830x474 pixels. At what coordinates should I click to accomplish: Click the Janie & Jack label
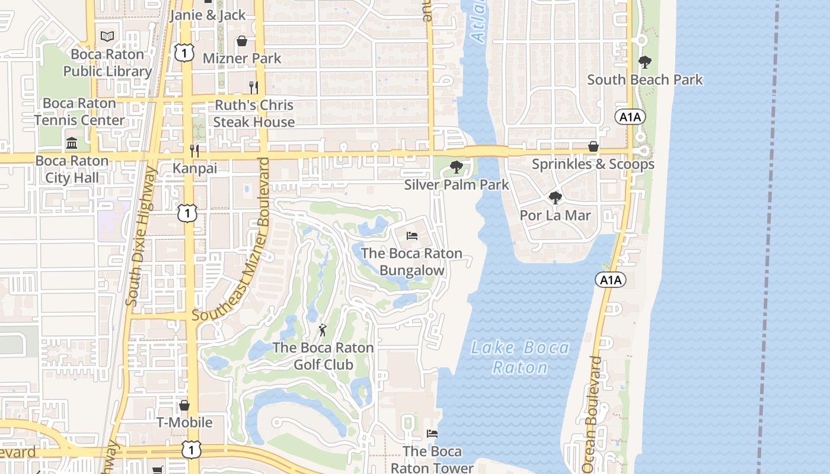click(207, 15)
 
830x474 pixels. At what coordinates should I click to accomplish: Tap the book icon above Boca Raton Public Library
click(107, 37)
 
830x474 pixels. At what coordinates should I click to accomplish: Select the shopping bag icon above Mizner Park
click(242, 41)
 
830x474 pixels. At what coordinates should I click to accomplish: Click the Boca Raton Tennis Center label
click(79, 111)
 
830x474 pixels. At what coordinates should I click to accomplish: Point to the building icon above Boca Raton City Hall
click(72, 143)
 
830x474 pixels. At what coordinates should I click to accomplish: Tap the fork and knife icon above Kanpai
click(194, 151)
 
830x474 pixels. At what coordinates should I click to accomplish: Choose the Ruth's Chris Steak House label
click(254, 113)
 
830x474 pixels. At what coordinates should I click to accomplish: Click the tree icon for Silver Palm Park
click(456, 167)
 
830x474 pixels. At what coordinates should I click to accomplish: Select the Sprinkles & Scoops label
click(593, 164)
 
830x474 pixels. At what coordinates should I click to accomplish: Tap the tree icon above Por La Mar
click(555, 198)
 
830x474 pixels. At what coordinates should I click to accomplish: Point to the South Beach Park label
click(645, 79)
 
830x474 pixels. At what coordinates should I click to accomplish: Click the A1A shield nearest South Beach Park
click(630, 117)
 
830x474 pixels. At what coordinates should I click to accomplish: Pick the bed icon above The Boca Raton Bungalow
click(412, 236)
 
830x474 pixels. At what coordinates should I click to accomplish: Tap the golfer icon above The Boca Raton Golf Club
click(323, 330)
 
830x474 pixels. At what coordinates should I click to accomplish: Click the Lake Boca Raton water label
click(521, 357)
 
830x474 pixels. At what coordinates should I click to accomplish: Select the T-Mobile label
click(184, 422)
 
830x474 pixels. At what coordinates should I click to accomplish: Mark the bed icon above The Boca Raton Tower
click(432, 434)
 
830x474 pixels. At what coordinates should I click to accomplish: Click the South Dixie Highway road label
click(141, 237)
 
